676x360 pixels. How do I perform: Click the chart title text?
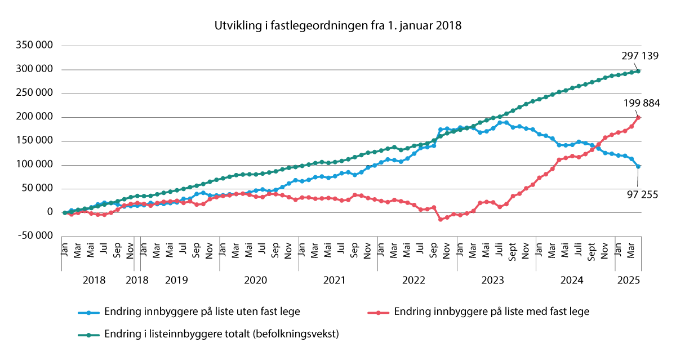[x=337, y=25]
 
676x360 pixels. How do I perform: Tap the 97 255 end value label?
[x=639, y=195]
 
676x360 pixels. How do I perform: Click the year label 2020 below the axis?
[x=255, y=280]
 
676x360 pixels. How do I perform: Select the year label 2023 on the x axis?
[x=492, y=280]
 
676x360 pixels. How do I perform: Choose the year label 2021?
[x=334, y=280]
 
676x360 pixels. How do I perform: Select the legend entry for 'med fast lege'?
[x=491, y=312]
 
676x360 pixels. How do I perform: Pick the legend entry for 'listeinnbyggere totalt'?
[x=221, y=334]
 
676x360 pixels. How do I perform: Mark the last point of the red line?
[x=638, y=118]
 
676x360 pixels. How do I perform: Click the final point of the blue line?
[x=638, y=166]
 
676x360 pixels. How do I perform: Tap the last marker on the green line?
[x=638, y=71]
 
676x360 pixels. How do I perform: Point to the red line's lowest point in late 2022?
[x=441, y=219]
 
